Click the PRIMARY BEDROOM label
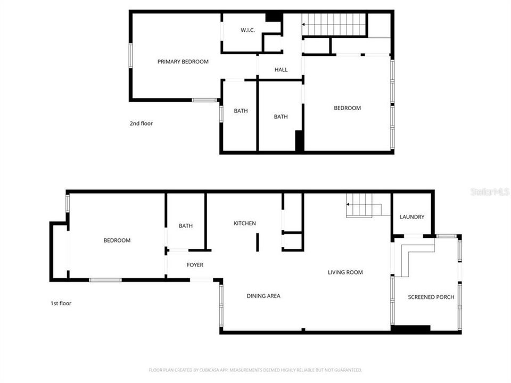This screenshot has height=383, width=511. pos(183,62)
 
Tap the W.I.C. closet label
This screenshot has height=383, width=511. pos(248,30)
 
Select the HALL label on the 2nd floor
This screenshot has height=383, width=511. pos(281,70)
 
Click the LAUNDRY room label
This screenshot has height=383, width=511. pos(412,217)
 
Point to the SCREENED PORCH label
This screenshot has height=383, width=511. pos(431,297)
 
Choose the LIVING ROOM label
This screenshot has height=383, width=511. pos(345,272)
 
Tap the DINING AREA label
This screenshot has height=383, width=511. pos(263,296)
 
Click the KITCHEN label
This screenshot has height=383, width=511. pos(245,223)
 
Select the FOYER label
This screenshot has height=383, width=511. pos(195,265)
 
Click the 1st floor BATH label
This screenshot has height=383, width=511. pos(186,226)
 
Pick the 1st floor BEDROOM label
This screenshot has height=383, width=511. pos(117,240)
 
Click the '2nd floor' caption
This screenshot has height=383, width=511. pos(141,123)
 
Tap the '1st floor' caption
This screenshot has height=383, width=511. pos(61,303)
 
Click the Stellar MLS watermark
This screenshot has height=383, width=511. pos(489,191)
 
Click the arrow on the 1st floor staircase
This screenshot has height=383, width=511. pos(349,204)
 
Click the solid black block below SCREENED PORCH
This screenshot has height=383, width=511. pos(410,329)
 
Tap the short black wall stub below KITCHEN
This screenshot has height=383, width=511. pos(257,242)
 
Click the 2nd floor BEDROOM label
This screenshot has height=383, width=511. pos(347,108)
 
